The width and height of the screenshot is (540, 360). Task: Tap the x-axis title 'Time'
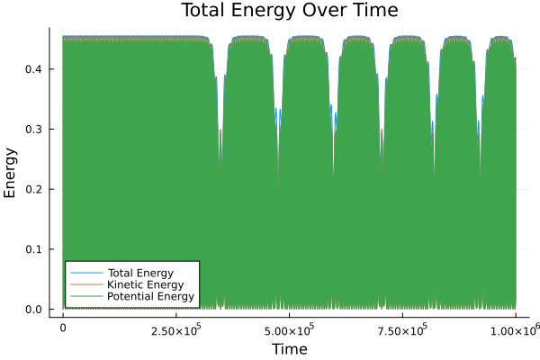[289, 347]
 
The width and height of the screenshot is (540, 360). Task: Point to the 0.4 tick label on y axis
[33, 69]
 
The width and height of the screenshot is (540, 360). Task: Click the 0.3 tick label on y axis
[33, 130]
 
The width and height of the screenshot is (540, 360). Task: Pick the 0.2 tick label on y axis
[33, 189]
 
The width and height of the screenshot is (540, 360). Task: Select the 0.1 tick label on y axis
[33, 249]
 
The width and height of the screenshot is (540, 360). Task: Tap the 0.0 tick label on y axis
[33, 310]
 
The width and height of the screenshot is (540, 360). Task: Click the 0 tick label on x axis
[63, 328]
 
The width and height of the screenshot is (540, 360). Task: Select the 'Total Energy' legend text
[140, 272]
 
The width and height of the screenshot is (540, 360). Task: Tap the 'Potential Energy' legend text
[149, 297]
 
